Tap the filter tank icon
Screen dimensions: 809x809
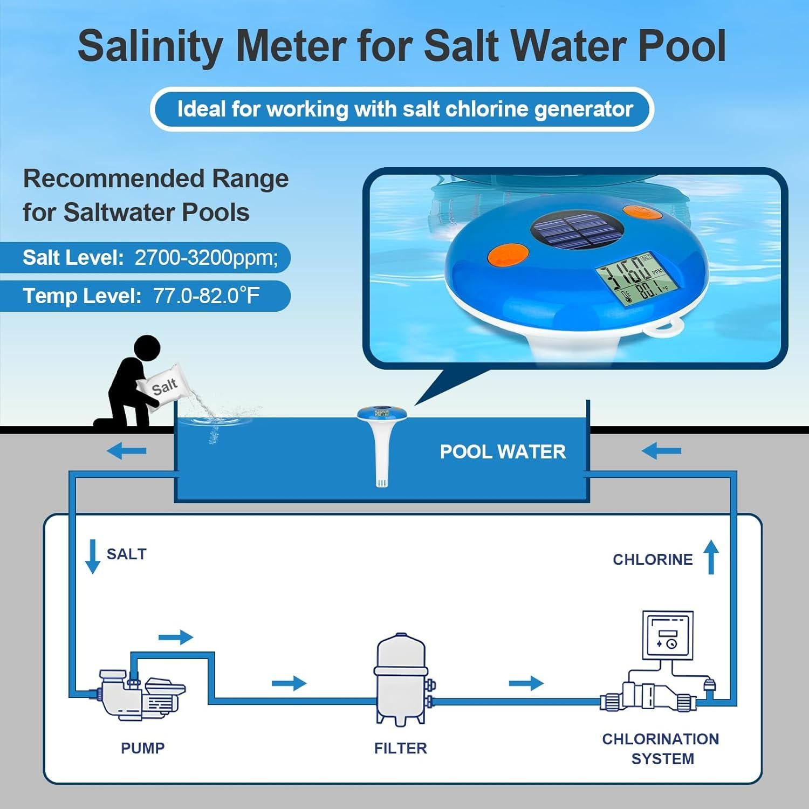401,680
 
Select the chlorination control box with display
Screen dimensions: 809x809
668,635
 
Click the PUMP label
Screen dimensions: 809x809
142,748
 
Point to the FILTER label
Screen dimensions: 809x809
400,748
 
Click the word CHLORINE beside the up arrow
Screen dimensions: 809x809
652,559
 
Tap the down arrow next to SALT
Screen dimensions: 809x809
93,556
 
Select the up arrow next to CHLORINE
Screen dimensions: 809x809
711,557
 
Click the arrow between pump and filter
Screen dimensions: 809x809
289,683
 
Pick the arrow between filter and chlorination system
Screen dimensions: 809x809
526,683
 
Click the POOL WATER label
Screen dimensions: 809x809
503,451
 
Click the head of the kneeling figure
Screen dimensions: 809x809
147,348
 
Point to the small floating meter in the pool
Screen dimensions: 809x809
381,431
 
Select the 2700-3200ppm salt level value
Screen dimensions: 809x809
206,258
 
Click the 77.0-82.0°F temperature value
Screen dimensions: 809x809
206,296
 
